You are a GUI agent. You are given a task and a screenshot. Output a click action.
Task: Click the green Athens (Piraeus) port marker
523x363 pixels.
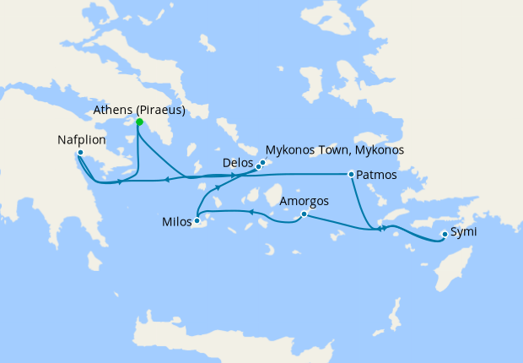(x=139, y=122)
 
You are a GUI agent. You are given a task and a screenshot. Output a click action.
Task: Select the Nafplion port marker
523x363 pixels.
(x=79, y=153)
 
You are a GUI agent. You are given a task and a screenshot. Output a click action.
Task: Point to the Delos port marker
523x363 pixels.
(x=258, y=166)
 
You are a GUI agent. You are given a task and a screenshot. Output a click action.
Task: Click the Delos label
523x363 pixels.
(x=237, y=160)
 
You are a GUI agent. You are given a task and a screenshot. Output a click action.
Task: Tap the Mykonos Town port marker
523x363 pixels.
(x=263, y=162)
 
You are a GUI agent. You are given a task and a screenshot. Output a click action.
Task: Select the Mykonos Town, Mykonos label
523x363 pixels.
(x=335, y=149)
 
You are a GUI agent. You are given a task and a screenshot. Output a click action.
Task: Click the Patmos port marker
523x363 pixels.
(x=351, y=174)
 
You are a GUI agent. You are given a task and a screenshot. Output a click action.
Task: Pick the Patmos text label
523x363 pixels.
(x=375, y=176)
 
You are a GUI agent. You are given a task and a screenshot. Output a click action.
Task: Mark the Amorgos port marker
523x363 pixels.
(x=303, y=214)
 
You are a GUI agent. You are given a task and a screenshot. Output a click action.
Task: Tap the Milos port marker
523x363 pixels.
(x=197, y=221)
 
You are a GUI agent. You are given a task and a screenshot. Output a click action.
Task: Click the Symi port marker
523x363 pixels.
(x=445, y=234)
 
